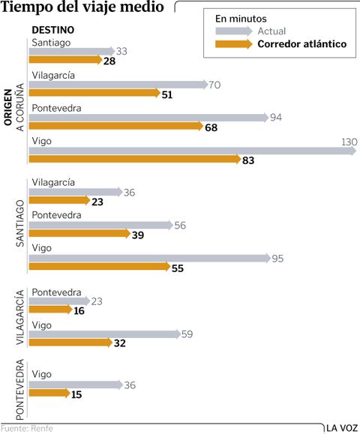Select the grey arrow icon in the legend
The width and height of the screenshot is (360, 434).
pyautogui.click(x=234, y=31)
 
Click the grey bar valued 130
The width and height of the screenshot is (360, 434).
pyautogui.click(x=191, y=151)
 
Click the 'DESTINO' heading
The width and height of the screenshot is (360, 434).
pyautogui.click(x=52, y=29)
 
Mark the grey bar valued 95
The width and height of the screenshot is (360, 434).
pyautogui.click(x=148, y=258)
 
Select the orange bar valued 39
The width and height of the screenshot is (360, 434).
pyautogui.click(x=79, y=234)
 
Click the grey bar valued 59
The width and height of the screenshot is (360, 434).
pyautogui.click(x=103, y=334)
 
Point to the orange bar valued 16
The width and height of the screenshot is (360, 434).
pyautogui.click(x=49, y=310)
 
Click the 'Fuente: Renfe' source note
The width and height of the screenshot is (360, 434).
pyautogui.click(x=27, y=429)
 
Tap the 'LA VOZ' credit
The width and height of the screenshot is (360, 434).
pyautogui.click(x=341, y=428)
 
